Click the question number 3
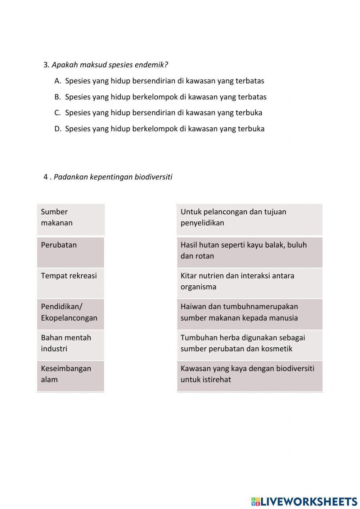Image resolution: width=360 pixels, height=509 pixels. click(x=46, y=65)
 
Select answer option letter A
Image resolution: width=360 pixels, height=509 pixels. click(x=58, y=81)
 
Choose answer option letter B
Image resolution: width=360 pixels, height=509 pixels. click(x=58, y=97)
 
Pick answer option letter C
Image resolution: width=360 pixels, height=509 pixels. click(x=58, y=113)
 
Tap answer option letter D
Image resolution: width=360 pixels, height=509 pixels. click(x=58, y=129)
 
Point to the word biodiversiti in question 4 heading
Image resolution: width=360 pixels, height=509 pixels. click(x=153, y=177)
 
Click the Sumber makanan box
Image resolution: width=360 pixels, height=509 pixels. click(x=71, y=219)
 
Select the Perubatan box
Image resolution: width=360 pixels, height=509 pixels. click(x=71, y=252)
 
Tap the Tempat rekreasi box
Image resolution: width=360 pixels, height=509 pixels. click(x=71, y=283)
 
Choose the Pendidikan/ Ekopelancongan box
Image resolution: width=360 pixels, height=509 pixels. click(x=71, y=314)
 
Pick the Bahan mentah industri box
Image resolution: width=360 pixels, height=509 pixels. click(x=71, y=345)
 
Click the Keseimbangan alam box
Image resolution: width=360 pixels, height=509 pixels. click(x=71, y=376)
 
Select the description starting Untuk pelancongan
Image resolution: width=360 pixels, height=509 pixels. click(x=249, y=219)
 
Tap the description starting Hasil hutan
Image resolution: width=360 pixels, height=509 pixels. click(x=249, y=252)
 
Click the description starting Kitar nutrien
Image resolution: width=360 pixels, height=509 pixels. click(x=249, y=283)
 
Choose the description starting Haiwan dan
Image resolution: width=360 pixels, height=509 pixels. click(x=249, y=314)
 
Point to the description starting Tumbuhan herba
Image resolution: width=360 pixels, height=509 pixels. click(x=249, y=345)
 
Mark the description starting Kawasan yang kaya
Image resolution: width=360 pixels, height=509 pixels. click(x=249, y=376)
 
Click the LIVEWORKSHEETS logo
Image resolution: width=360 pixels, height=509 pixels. click(x=304, y=501)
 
